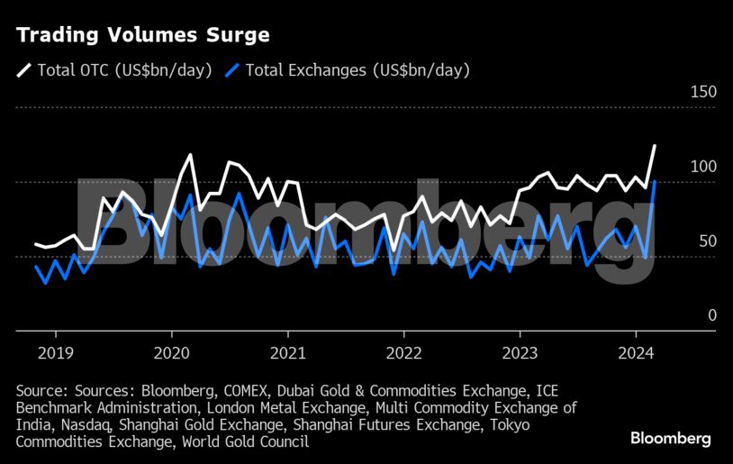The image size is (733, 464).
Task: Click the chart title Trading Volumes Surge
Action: [x=142, y=36]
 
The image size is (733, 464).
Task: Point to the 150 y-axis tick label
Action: [x=703, y=92]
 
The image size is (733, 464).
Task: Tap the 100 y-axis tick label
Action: [x=703, y=167]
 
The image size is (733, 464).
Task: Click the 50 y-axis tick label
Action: [x=707, y=241]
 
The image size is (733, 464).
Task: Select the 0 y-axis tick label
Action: [x=711, y=315]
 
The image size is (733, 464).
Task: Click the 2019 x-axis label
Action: [x=56, y=352]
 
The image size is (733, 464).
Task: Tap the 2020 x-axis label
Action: [x=171, y=352]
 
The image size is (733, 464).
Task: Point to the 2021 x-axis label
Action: [x=287, y=352]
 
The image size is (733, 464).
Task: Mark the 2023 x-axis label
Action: [x=520, y=352]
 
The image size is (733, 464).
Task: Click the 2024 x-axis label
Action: [x=636, y=352]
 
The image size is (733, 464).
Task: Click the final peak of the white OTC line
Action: [x=655, y=145]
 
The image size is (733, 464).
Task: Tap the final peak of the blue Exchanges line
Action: [x=655, y=182]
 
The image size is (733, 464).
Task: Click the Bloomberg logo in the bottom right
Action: [x=669, y=439]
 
